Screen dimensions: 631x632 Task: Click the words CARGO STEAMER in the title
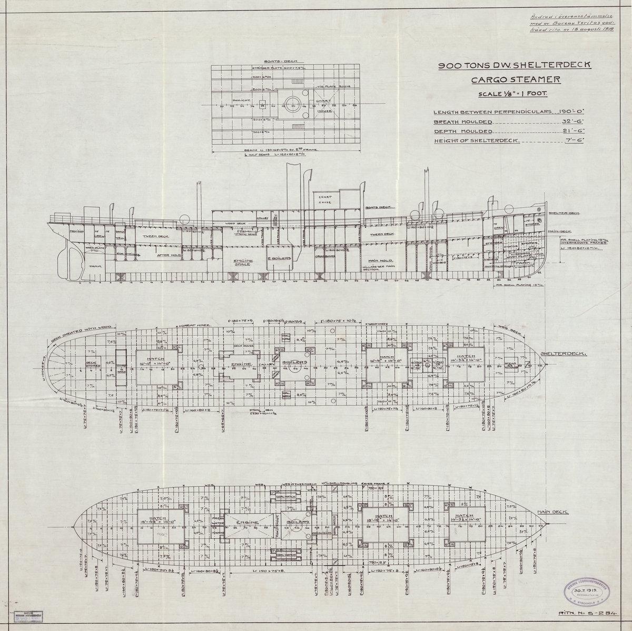516,81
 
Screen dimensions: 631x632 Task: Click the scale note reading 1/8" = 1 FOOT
512,94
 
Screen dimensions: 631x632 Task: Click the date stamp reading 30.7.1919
586,590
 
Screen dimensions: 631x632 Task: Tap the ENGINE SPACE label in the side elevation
243,263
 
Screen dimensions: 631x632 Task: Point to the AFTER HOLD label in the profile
170,255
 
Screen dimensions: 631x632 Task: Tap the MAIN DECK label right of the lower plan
551,512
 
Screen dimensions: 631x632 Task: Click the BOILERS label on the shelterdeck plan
291,363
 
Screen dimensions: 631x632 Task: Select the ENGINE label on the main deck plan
247,523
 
